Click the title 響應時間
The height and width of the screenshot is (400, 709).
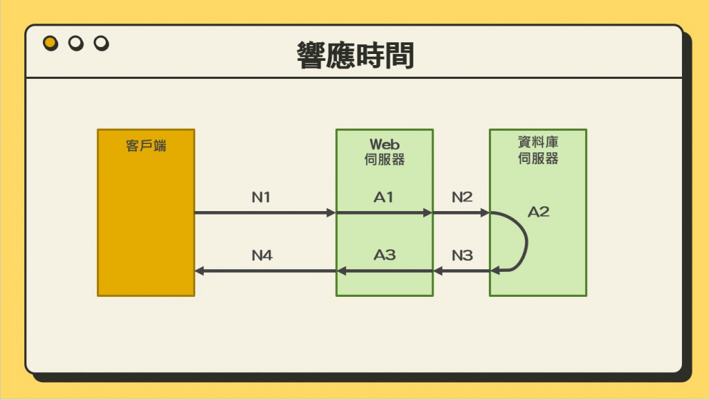coord(355,55)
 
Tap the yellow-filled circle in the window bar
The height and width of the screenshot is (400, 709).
coord(51,44)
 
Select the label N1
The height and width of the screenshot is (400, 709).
coord(261,197)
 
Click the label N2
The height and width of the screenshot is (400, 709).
coord(462,197)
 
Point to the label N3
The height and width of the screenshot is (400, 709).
coord(462,255)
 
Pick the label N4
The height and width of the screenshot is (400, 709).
coord(262,255)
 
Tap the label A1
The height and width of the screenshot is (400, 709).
coord(384,197)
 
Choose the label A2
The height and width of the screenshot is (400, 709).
coord(538,212)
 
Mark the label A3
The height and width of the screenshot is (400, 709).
coord(384,255)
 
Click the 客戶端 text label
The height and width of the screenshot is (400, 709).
coord(146,147)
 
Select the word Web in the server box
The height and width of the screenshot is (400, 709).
coord(384,145)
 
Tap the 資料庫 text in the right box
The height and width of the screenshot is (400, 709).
coord(538,143)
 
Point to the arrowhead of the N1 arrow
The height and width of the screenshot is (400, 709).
coord(331,213)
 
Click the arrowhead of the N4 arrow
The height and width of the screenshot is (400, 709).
coord(199,271)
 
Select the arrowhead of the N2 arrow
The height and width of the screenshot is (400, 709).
coord(485,213)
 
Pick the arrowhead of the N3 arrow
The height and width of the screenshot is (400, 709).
coord(438,271)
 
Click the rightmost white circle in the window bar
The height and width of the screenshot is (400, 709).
coord(101,44)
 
